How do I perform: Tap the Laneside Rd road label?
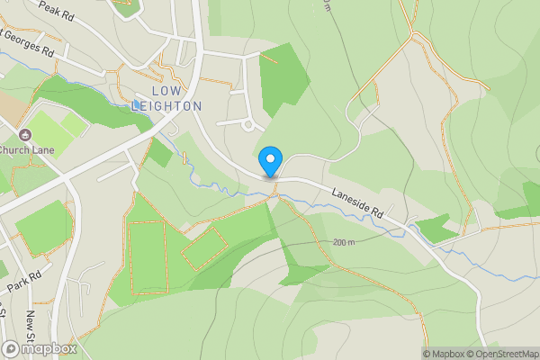pyautogui.click(x=357, y=204)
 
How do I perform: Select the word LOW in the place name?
pyautogui.click(x=166, y=91)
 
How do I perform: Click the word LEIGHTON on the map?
pyautogui.click(x=166, y=105)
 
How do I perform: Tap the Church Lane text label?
pyautogui.click(x=27, y=149)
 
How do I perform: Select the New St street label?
pyautogui.click(x=31, y=322)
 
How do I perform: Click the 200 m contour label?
pyautogui.click(x=344, y=243)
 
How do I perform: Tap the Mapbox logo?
pyautogui.click(x=40, y=348)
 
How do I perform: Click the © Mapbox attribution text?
pyautogui.click(x=444, y=354)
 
